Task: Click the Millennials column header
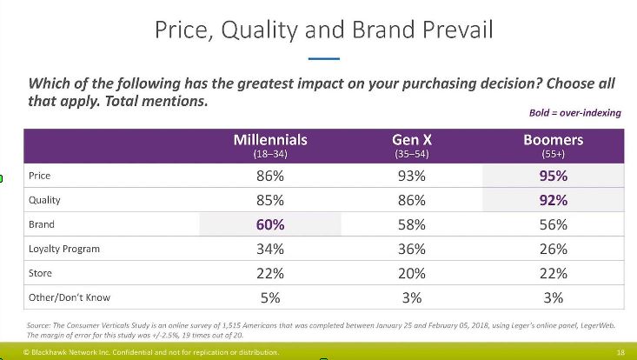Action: (270, 144)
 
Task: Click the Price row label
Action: (40, 176)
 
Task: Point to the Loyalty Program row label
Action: (65, 249)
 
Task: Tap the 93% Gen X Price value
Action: (408, 176)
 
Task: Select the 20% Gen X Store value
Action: (408, 273)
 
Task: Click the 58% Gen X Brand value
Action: (408, 224)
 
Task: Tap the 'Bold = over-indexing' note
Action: (574, 113)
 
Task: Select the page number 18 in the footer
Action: (620, 352)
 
